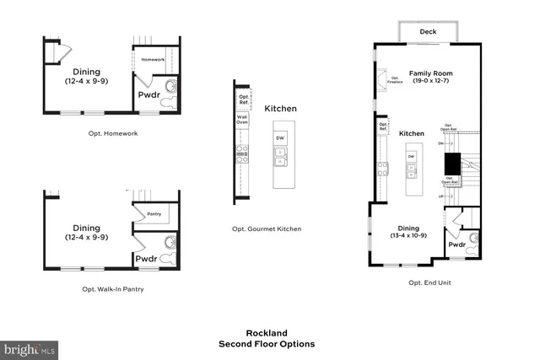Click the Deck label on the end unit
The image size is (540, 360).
click(429, 33)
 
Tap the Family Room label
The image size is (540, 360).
click(429, 73)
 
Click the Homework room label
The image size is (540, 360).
click(153, 59)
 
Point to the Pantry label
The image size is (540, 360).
click(154, 214)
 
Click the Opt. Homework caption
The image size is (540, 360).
click(112, 133)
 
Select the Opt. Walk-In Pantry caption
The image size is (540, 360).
click(112, 289)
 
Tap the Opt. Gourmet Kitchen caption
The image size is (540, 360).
click(266, 229)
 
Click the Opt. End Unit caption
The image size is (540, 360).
click(429, 282)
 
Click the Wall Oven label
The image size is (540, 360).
click(241, 121)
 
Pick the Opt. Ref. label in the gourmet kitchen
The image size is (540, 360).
click(244, 99)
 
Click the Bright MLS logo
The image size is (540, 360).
click(30, 347)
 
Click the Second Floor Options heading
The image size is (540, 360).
click(267, 344)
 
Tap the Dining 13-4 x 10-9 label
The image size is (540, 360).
click(408, 231)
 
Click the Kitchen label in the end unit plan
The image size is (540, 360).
click(412, 133)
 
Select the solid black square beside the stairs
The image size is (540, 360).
click(452, 163)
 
